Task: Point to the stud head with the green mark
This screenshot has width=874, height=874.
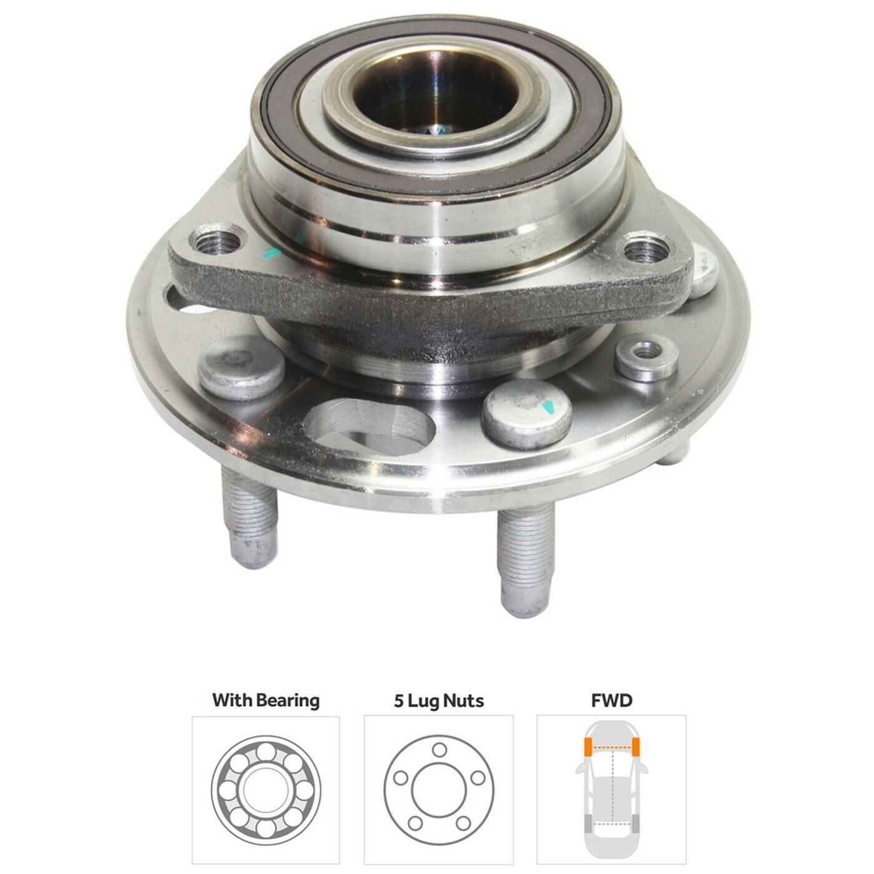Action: tap(528, 411)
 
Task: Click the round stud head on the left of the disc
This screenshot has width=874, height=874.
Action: tap(241, 368)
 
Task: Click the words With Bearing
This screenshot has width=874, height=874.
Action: tap(265, 700)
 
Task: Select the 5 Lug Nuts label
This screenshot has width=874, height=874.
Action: tap(438, 700)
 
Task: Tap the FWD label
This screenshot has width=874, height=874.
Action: tap(611, 700)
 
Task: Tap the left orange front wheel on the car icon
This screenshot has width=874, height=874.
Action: tap(587, 747)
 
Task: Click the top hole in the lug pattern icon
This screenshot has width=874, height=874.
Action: tap(439, 749)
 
